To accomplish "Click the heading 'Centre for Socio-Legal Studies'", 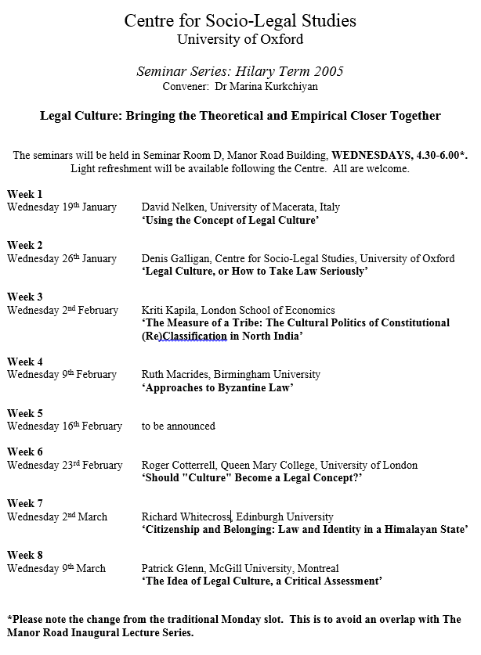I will [x=240, y=20].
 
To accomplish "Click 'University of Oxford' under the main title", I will [x=240, y=39].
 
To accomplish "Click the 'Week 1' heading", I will [x=25, y=193].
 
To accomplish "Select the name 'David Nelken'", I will [x=172, y=207].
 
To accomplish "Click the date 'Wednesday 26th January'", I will [x=62, y=259].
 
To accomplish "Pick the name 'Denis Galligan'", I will [x=175, y=259].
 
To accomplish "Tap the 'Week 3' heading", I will [x=25, y=297].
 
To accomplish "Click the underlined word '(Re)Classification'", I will [x=184, y=336].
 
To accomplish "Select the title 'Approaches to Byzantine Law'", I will [x=217, y=388].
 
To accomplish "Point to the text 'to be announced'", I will [x=178, y=426].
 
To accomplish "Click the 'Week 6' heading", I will [x=25, y=452].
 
